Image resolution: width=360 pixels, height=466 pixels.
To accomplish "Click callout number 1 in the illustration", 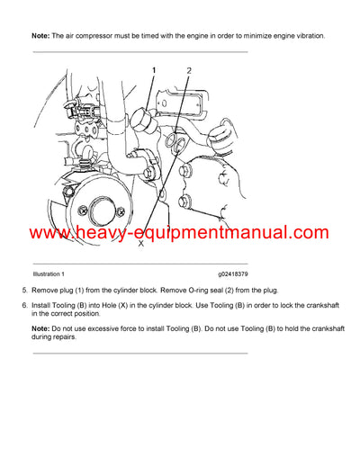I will (154, 69).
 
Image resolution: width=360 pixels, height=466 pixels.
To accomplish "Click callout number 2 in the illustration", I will (189, 70).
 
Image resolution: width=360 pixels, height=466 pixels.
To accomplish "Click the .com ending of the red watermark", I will (307, 236).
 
